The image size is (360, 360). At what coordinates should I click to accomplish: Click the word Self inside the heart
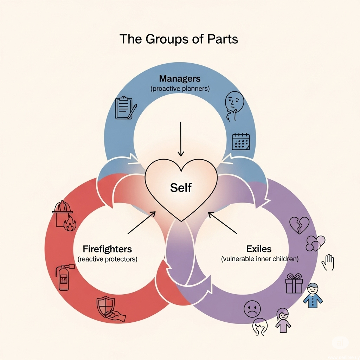[x=181, y=188]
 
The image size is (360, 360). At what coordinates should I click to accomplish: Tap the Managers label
[x=180, y=78]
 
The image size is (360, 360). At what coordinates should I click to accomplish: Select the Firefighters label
[x=107, y=249]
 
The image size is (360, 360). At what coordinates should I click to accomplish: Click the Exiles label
[x=259, y=249]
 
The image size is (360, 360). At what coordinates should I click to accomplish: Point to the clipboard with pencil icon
[x=126, y=108]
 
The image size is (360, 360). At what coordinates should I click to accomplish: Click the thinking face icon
[x=234, y=106]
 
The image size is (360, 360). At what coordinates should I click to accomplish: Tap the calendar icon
[x=240, y=141]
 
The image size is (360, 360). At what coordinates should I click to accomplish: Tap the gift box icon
[x=294, y=283]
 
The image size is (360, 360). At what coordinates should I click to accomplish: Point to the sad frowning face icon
[x=252, y=309]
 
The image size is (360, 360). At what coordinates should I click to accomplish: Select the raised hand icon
[x=328, y=262]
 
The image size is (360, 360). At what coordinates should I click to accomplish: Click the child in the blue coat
[x=313, y=295]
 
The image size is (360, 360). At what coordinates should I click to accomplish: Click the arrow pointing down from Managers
[x=181, y=139]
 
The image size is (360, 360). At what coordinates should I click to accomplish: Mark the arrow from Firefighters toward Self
[x=141, y=223]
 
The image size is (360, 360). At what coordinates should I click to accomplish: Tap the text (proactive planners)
[x=180, y=89]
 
